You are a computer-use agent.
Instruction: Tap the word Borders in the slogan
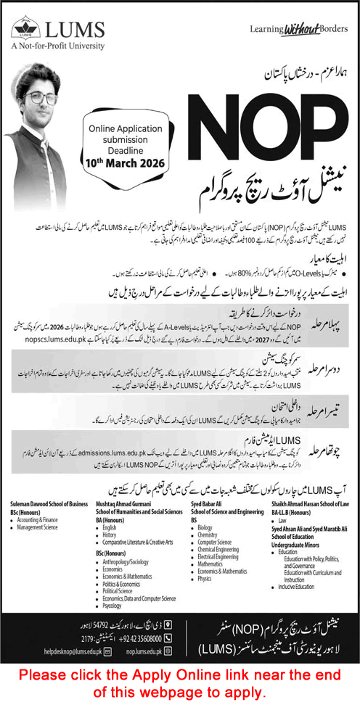(330, 29)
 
